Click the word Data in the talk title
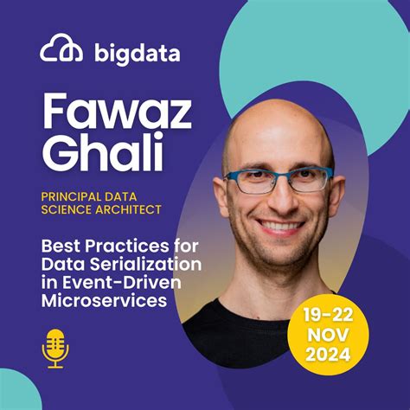[x=61, y=262]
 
